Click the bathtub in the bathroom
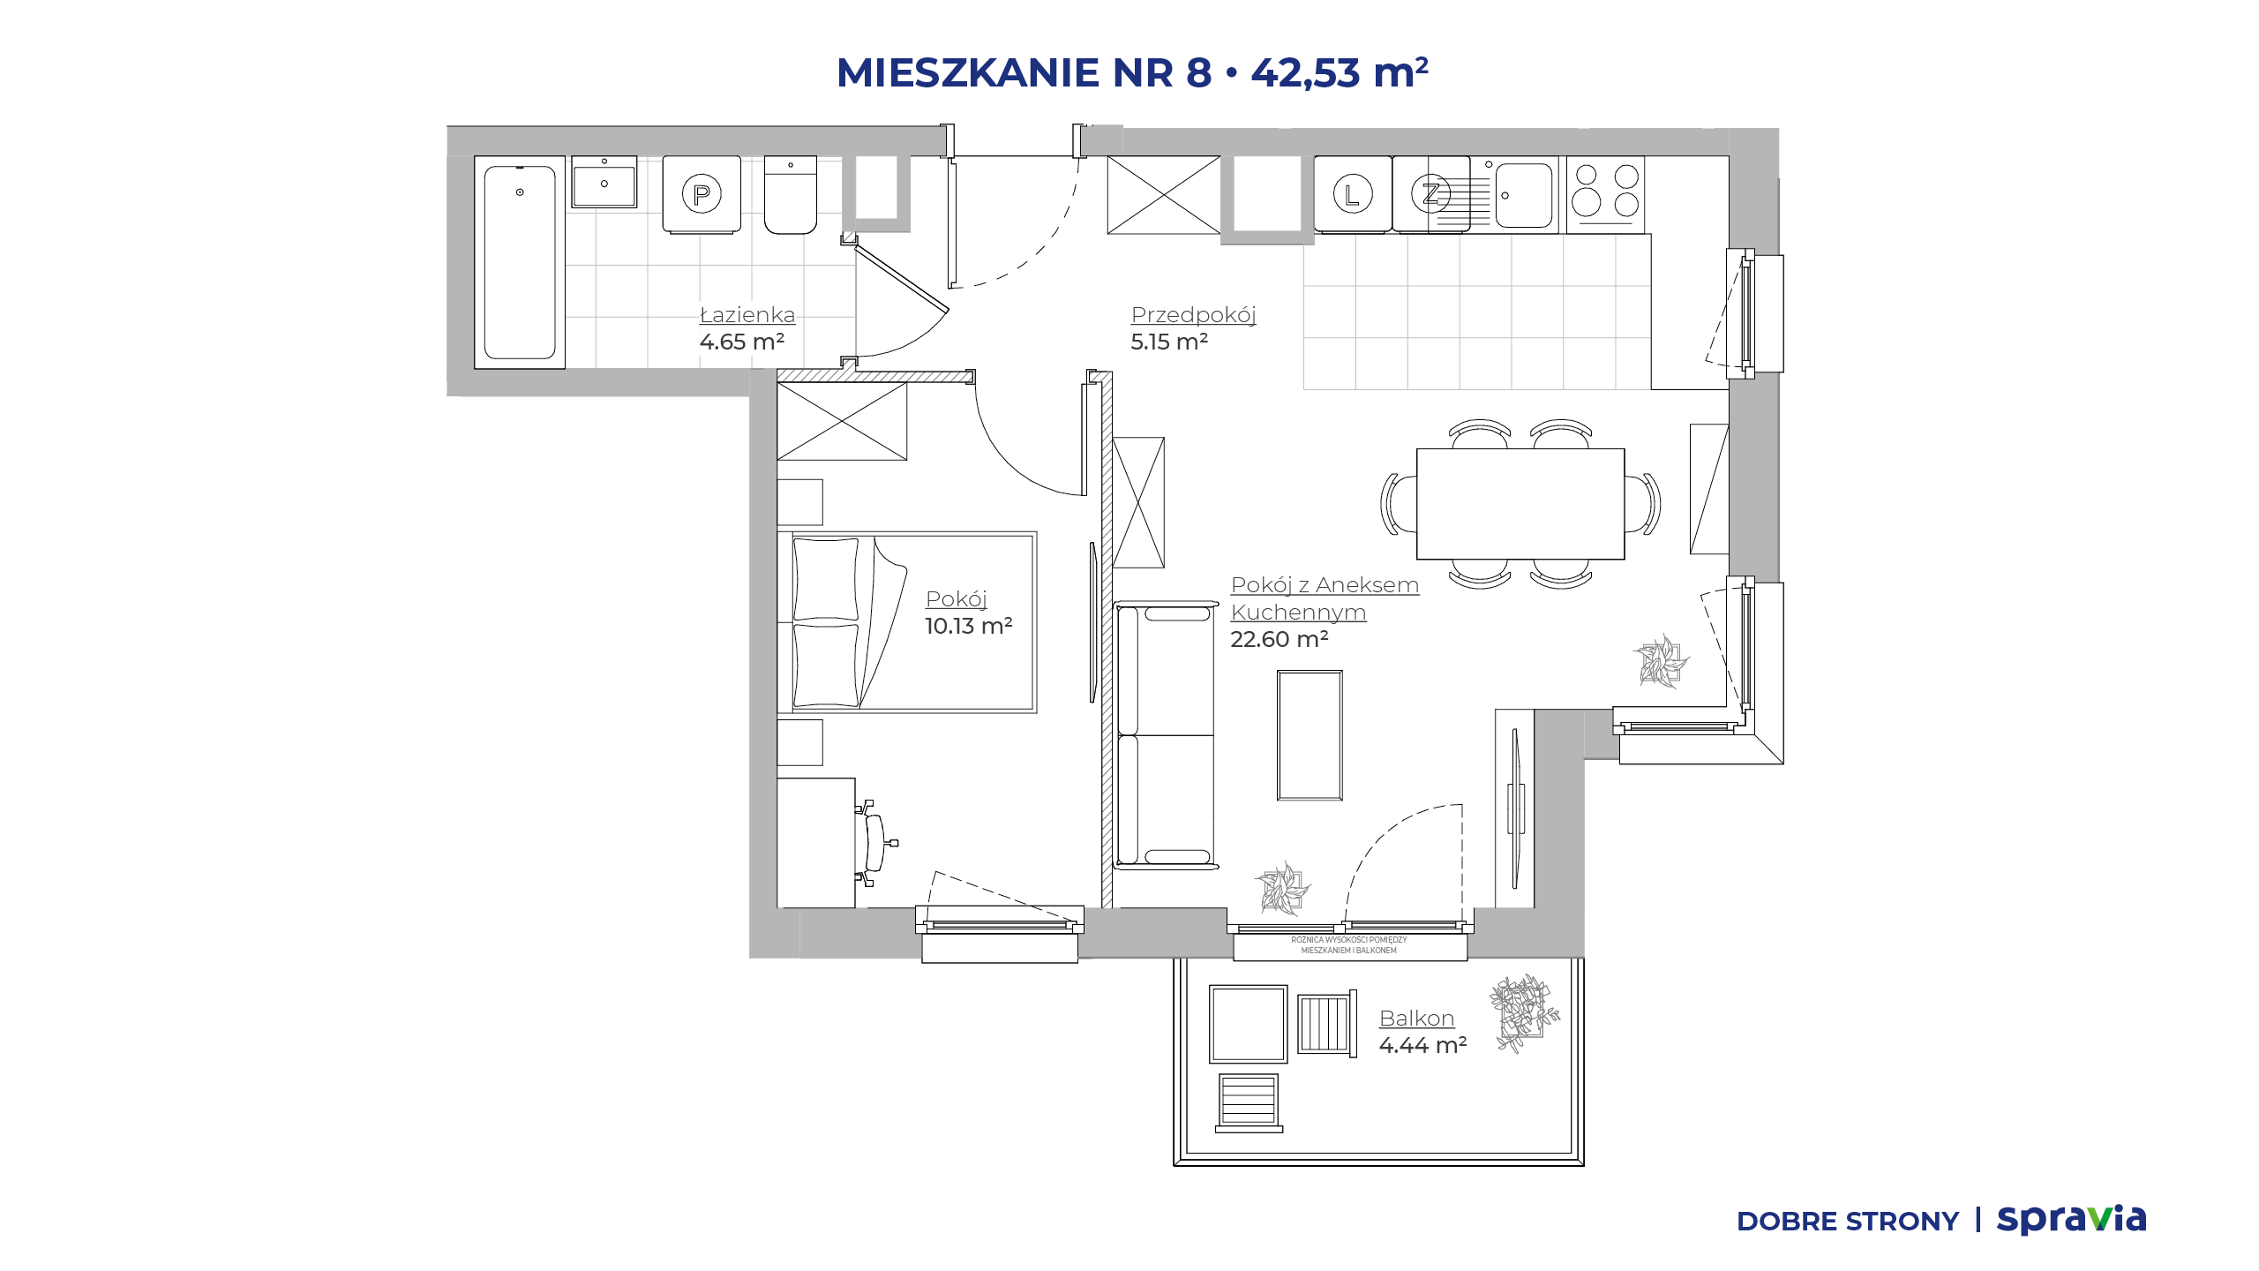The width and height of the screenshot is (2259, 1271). [x=520, y=262]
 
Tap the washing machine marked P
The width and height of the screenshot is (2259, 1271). [x=702, y=195]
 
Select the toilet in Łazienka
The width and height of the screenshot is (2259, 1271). [x=791, y=195]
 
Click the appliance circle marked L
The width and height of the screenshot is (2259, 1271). [x=1352, y=194]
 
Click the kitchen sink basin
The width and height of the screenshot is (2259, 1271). [x=1524, y=195]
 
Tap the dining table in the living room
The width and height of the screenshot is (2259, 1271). [x=1520, y=504]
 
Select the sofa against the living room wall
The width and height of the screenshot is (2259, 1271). [x=1166, y=735]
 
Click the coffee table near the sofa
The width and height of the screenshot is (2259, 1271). [x=1310, y=735]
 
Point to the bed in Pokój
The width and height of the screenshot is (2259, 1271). [x=907, y=622]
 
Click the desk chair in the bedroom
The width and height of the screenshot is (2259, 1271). [x=874, y=843]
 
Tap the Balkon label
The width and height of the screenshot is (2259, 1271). [x=1416, y=1019]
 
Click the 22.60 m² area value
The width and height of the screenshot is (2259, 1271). [x=1280, y=639]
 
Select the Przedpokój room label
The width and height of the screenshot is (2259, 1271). [x=1193, y=315]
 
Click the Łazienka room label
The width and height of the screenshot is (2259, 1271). [x=747, y=315]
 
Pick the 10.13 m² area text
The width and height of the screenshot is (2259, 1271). [x=968, y=626]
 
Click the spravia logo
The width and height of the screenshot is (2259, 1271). [x=2072, y=1219]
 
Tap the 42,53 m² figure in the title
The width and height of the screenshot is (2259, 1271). [x=1340, y=72]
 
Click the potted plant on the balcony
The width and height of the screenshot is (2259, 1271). [x=1524, y=1013]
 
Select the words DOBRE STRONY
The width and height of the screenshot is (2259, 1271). [x=1848, y=1222]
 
